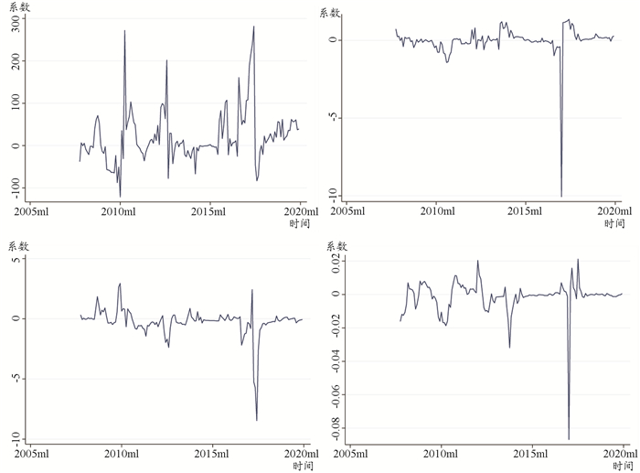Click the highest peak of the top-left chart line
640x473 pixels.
tap(254, 27)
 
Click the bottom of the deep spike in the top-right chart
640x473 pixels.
tap(561, 196)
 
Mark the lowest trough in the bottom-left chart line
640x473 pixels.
tap(257, 420)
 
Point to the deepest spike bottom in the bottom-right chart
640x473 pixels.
tap(569, 439)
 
